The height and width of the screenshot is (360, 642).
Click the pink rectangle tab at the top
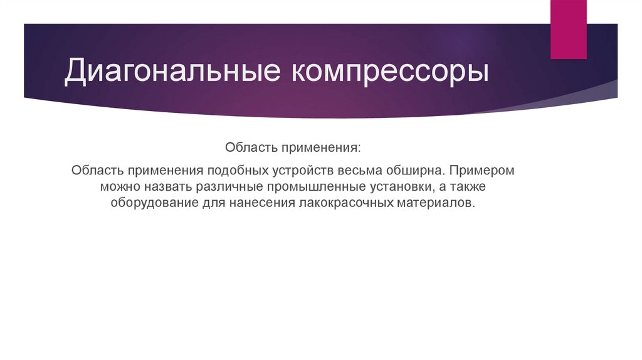point(569,28)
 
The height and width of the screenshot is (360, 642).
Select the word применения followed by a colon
point(321,149)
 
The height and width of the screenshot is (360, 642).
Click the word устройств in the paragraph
point(305,171)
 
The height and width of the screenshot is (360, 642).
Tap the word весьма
point(361,171)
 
